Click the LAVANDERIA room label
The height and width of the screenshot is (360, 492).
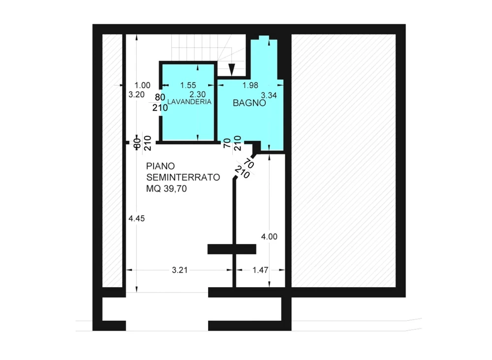click(189, 102)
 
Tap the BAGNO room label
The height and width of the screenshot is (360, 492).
click(249, 103)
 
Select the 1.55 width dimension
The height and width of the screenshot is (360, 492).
click(188, 85)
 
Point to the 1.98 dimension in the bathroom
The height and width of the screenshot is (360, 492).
click(250, 85)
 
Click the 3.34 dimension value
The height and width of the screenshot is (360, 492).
click(269, 95)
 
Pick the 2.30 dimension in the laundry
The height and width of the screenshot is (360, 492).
click(197, 94)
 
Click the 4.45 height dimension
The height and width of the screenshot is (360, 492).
click(136, 218)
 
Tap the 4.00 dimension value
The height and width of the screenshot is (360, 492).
click(269, 237)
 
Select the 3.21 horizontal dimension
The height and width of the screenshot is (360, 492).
click(180, 270)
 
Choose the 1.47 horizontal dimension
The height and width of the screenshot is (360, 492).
click(260, 270)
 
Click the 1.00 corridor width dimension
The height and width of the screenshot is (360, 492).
click(142, 85)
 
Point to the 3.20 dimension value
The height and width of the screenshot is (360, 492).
click(136, 94)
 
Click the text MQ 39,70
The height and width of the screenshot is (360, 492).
click(166, 188)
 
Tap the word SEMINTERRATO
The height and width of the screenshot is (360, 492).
click(183, 177)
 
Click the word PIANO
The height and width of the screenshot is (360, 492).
click(160, 166)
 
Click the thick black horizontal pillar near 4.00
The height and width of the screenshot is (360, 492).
click(232, 249)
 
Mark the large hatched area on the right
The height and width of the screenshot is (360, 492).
click(343, 160)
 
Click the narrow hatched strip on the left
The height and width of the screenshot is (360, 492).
click(112, 160)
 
